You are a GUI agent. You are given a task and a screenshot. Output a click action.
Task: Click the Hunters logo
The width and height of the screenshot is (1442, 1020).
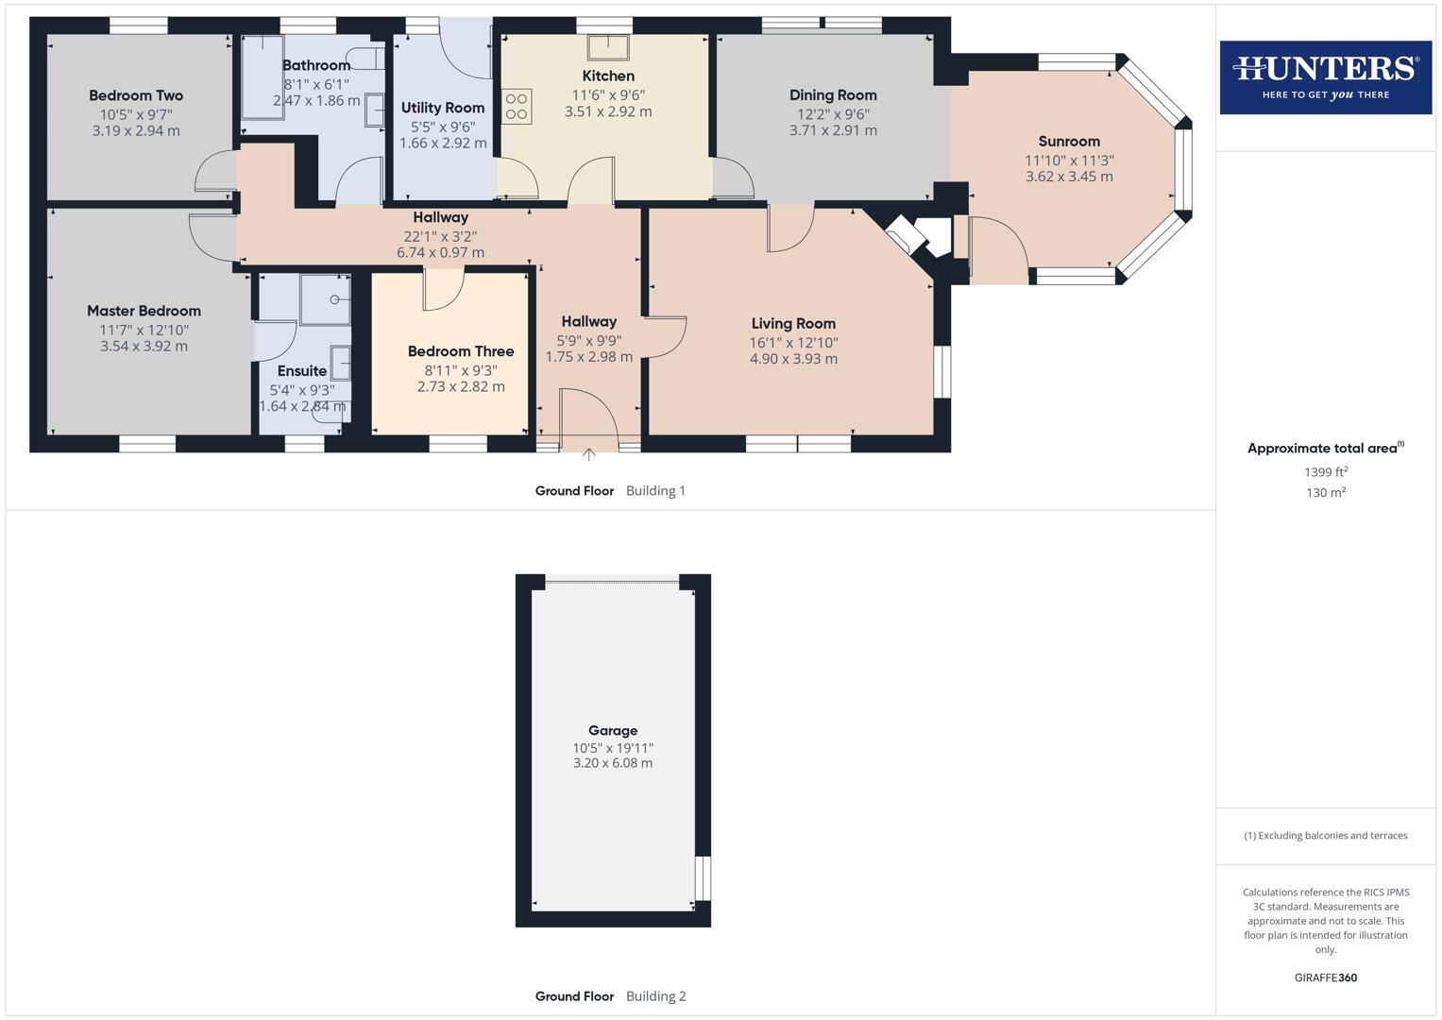coord(1325,76)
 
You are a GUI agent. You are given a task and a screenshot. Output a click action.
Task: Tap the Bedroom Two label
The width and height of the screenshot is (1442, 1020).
coord(136,95)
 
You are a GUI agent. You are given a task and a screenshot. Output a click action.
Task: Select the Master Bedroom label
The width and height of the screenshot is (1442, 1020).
coord(144,311)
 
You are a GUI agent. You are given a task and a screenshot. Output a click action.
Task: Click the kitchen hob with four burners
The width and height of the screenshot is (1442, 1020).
coord(517,106)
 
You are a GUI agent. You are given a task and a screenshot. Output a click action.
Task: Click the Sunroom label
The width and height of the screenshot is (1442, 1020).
coord(1069,142)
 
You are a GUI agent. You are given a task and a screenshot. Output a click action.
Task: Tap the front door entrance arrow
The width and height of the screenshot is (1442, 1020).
coord(589,455)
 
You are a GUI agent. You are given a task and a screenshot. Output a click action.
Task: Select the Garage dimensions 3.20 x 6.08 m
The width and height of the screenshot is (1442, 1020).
coord(612,763)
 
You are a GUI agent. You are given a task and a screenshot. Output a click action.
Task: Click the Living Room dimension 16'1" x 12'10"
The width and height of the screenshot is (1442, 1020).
coord(793,343)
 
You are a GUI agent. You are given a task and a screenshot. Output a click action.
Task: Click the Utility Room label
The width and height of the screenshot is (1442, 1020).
coord(443,108)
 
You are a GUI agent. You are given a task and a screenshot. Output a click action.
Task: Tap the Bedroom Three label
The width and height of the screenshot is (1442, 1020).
coord(461,351)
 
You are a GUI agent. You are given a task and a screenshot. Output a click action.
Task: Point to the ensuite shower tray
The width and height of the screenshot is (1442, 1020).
coord(325,299)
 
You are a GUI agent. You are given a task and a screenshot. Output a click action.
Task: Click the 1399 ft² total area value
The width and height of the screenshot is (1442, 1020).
coord(1325,472)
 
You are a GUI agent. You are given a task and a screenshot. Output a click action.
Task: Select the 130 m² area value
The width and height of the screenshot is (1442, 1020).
coord(1325,492)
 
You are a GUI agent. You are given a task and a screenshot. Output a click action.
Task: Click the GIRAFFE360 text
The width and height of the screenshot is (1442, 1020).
coord(1325,977)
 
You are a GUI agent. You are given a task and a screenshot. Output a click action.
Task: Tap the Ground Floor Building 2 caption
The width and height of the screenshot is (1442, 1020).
coord(611,996)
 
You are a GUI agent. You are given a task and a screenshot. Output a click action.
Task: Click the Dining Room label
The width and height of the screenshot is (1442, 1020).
coord(833,95)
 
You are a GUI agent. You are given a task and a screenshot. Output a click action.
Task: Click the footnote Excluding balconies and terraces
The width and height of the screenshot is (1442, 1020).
coord(1325,836)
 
